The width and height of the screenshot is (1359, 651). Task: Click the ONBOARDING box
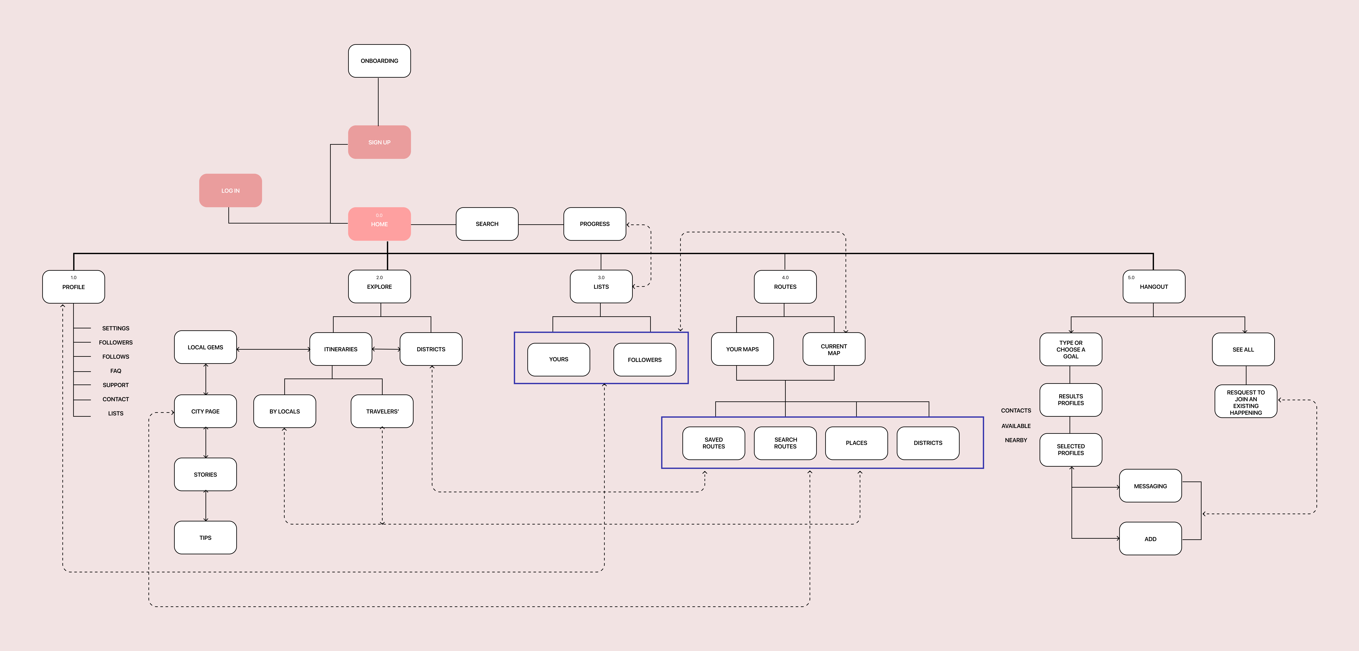(x=379, y=61)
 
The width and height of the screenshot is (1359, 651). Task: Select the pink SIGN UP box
(x=379, y=142)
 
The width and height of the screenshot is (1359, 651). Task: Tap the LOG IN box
(x=230, y=190)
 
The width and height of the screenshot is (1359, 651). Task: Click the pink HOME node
(x=379, y=224)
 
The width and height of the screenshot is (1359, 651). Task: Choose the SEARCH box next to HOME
(x=487, y=224)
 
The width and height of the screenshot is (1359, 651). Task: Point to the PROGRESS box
(x=595, y=224)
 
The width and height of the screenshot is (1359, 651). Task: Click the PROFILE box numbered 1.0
(x=73, y=287)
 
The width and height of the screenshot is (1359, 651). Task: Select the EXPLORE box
(x=379, y=287)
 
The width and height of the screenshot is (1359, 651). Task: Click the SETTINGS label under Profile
(x=116, y=328)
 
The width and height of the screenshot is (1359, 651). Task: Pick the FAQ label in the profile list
(x=116, y=371)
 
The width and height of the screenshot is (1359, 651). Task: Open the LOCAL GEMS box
(x=205, y=347)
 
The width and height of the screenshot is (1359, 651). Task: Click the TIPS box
(x=205, y=538)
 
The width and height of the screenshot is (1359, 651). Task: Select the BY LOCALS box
(x=284, y=411)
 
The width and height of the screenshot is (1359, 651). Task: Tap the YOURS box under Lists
(x=559, y=359)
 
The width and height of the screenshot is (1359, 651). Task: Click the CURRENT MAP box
(x=834, y=349)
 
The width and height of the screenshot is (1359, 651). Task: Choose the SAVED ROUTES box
(x=713, y=443)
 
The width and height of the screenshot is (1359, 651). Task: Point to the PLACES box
(x=856, y=443)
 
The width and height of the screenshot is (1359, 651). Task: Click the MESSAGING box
(x=1150, y=486)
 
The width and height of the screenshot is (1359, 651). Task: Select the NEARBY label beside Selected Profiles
(x=1016, y=440)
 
